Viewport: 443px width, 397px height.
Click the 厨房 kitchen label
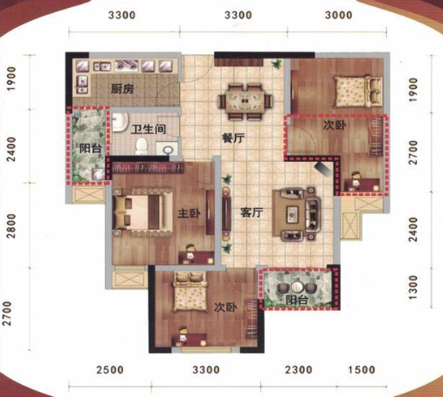pos(122,88)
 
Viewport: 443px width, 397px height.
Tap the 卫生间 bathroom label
pos(149,129)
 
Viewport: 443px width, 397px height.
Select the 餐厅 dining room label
pos(233,137)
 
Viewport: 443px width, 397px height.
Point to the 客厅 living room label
pos(252,212)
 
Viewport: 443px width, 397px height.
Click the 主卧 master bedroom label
pos(189,213)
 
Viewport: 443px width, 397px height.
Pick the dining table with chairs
pos(246,101)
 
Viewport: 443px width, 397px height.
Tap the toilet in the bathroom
pos(142,146)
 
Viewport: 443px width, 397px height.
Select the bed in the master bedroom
pos(142,212)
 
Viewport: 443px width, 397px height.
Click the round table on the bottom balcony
pos(297,287)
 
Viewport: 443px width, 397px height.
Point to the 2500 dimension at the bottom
pos(110,370)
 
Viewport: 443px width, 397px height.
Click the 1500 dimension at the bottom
pos(362,370)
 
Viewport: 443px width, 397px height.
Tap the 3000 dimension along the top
pos(338,15)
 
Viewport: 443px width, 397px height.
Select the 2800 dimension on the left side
pos(11,226)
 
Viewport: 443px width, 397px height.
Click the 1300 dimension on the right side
pos(413,288)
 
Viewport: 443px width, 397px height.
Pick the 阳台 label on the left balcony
pos(91,149)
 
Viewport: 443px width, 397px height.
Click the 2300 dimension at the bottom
pos(299,370)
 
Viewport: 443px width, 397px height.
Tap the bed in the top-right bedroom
pos(358,91)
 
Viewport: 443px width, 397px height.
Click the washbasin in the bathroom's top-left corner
pos(121,122)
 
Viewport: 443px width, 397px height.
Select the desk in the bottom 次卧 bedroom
pos(189,339)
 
